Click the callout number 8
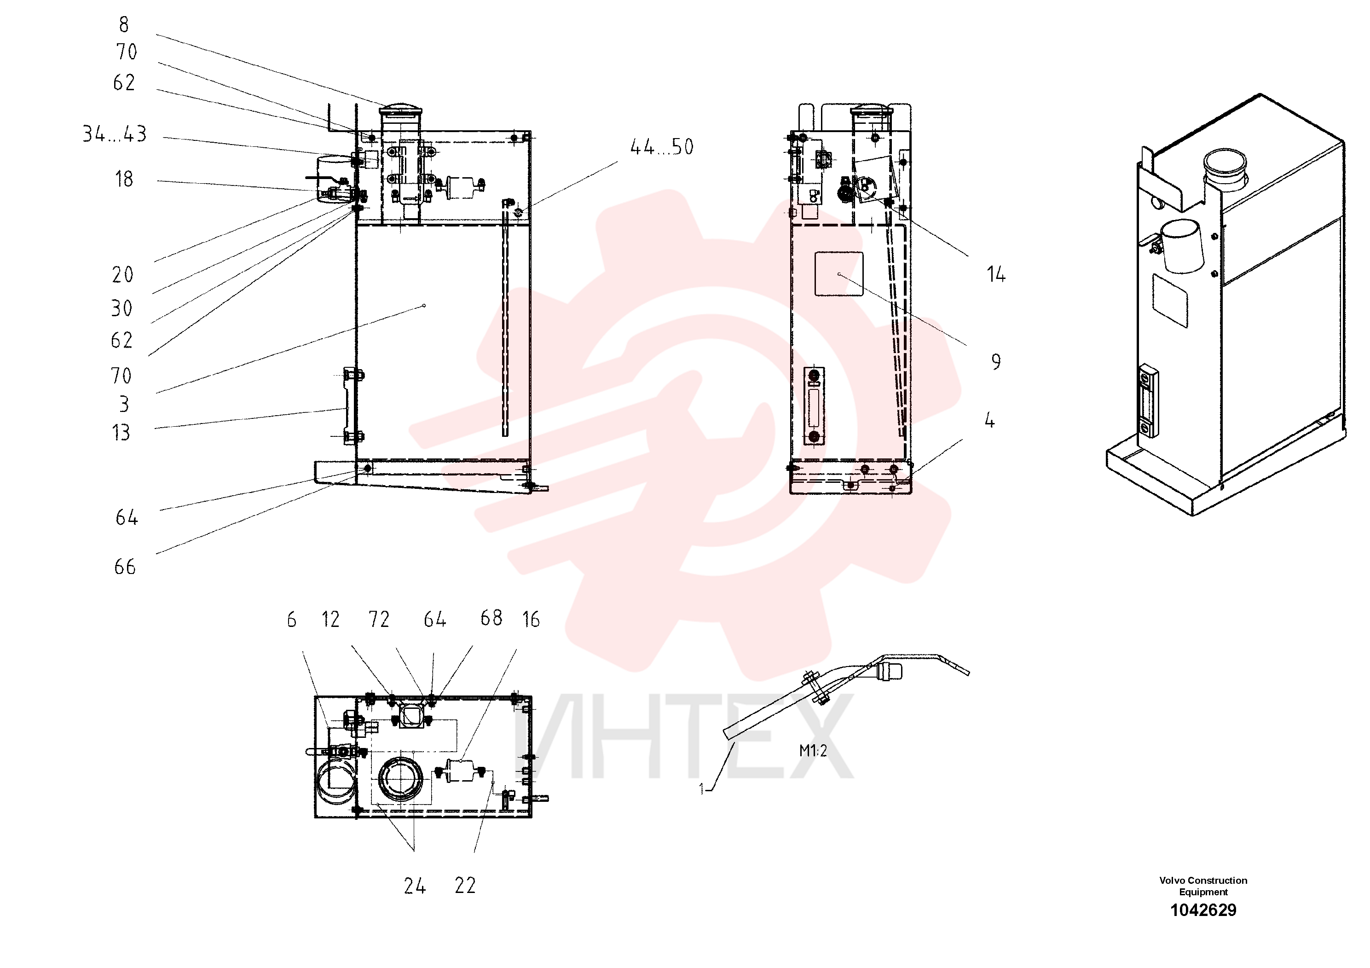[123, 24]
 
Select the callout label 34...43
[115, 133]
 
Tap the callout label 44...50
[662, 147]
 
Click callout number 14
[996, 274]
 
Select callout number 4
[990, 421]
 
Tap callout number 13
[121, 433]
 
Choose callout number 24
[415, 886]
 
